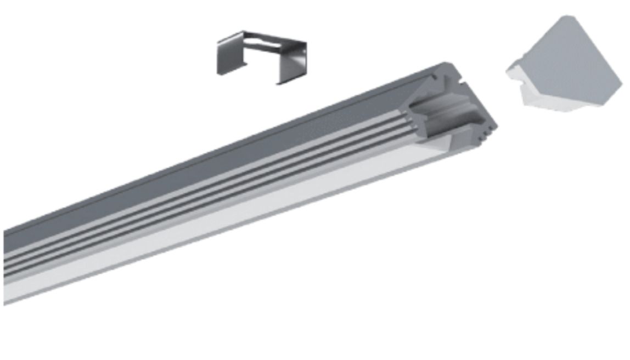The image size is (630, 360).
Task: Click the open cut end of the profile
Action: [450, 110]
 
